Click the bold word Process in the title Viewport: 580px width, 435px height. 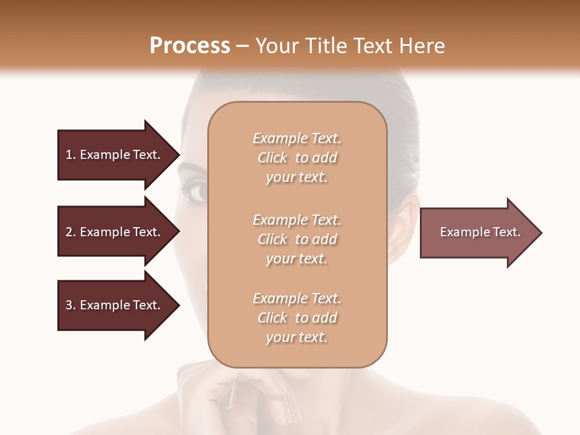(x=190, y=46)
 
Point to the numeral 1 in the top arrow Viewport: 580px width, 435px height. (x=69, y=155)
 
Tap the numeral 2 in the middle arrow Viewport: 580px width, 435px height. (x=69, y=232)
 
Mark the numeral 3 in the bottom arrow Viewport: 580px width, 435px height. (x=69, y=305)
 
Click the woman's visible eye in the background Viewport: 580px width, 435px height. (x=198, y=193)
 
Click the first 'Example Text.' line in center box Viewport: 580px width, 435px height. (x=297, y=138)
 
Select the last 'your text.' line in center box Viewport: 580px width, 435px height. (x=297, y=337)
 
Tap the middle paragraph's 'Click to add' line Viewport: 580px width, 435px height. (x=297, y=239)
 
